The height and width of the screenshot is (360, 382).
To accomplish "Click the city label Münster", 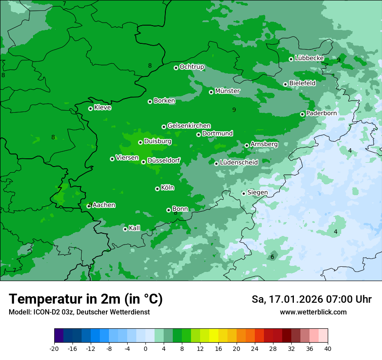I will coord(227,91).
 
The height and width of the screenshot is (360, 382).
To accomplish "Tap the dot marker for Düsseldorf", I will coord(143,162).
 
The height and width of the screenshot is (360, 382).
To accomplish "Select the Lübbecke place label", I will coord(309,58).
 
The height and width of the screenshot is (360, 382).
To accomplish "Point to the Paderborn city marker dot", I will coord(303,114).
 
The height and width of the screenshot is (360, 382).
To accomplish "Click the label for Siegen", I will coord(257,193).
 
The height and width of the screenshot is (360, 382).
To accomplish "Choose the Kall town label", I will coord(135,228).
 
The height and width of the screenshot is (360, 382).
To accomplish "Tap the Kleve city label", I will coord(103,108).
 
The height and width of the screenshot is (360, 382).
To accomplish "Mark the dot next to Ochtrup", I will coord(176,68).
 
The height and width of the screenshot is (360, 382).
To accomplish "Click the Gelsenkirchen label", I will coord(189,126).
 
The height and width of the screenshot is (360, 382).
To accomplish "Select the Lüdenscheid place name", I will coord(239,163).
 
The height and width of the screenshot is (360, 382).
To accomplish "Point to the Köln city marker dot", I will coord(157,189).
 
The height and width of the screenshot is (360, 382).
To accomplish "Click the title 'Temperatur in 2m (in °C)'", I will coord(86,299).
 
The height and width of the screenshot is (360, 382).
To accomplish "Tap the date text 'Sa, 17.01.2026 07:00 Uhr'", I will coord(311,299).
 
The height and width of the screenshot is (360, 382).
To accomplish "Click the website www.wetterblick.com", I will coord(313,312).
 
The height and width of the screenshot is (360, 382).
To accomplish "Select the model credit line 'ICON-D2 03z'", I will coord(79,312).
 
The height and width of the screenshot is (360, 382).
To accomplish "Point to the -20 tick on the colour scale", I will coord(54,348).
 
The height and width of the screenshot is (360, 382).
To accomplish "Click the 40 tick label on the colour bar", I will coord(327,348).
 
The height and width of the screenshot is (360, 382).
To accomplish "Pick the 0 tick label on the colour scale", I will coord(145,348).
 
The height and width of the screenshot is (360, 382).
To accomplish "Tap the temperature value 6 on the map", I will coord(272,257).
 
